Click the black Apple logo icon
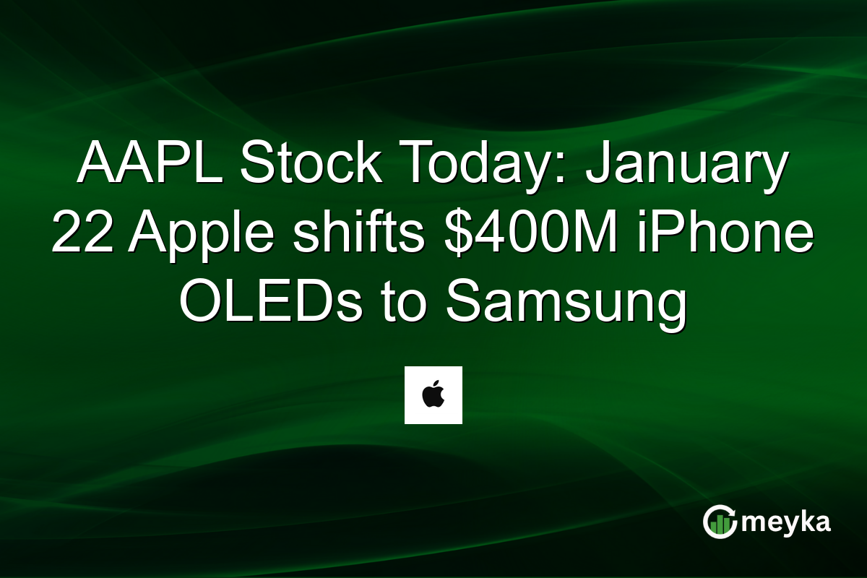click(433, 395)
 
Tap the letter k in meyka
click(803, 522)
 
